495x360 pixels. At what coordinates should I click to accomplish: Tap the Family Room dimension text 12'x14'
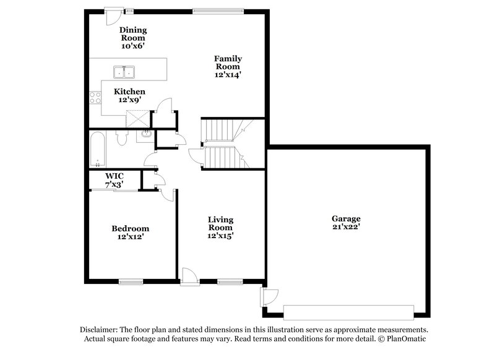228,74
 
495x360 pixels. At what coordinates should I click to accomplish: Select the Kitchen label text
130,92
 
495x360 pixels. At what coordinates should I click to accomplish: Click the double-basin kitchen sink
125,72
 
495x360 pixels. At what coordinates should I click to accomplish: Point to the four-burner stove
95,97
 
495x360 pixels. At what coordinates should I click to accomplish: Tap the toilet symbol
122,138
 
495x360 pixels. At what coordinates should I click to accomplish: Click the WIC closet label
114,176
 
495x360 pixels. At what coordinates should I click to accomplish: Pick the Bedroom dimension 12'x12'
130,236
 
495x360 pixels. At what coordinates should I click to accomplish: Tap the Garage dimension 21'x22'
346,227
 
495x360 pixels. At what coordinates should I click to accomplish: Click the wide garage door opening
348,312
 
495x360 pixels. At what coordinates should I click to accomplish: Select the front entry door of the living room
190,277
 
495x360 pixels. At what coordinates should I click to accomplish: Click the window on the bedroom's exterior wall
131,281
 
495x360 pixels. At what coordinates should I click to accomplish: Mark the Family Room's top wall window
217,11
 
